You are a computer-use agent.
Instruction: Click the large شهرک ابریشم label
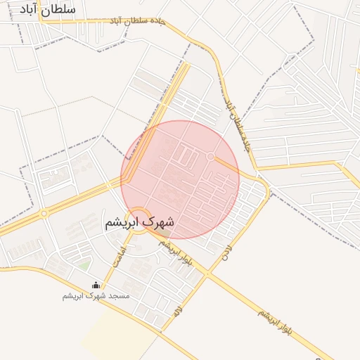[x=139, y=222]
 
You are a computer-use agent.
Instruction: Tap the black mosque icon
[x=96, y=285]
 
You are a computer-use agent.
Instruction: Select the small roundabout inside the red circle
[x=210, y=155]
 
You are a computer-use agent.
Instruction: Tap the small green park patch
[x=84, y=266]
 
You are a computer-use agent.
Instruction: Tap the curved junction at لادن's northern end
[x=264, y=188]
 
